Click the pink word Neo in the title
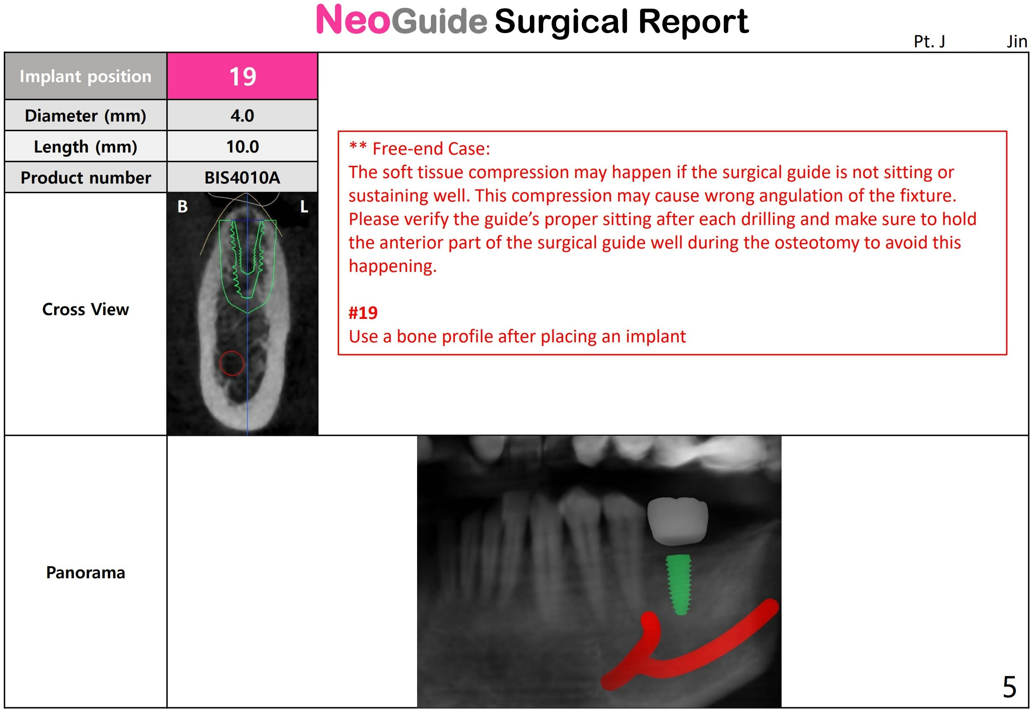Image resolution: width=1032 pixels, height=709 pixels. tap(353, 20)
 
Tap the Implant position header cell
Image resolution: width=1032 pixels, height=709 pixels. tap(85, 76)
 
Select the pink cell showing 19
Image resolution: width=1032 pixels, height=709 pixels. tap(242, 76)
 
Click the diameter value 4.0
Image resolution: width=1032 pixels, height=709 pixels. tap(242, 116)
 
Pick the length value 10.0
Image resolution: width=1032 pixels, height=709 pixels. tap(242, 147)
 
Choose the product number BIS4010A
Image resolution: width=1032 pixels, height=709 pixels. tap(242, 178)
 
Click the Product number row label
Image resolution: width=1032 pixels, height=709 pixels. tap(85, 178)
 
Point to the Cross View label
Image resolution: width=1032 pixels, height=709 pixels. tap(85, 309)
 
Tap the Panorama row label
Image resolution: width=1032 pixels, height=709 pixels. tap(85, 573)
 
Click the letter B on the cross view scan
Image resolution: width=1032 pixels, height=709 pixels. tap(183, 207)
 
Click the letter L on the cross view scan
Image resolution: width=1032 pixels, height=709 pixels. tap(304, 207)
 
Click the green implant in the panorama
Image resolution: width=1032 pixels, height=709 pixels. tap(679, 585)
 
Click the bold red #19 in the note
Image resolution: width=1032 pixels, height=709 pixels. tap(363, 313)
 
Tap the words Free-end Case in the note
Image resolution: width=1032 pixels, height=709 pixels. tap(430, 149)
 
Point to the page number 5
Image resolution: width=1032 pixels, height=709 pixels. tap(1009, 687)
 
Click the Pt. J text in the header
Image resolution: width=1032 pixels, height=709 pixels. tap(929, 41)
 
